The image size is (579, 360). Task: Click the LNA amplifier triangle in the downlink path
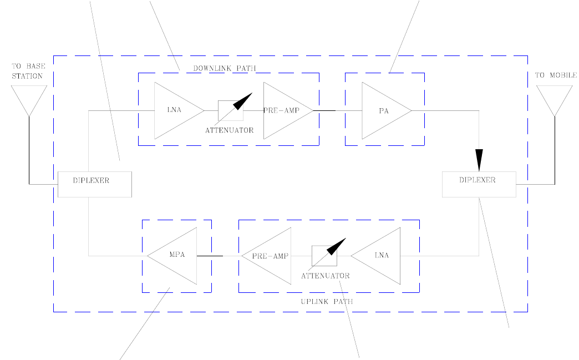coord(174,111)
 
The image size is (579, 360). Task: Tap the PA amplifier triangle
coord(382,111)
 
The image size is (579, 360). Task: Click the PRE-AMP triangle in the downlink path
coord(284,111)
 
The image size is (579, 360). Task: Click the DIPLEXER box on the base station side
coord(95,184)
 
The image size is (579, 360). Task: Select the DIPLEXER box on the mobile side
coord(479,184)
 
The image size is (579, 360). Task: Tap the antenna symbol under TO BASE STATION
coord(29,100)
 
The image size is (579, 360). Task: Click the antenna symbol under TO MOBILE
coord(554,100)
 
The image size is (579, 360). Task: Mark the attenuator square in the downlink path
coord(230,110)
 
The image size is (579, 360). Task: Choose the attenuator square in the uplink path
coord(324,255)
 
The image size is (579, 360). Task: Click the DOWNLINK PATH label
coord(224,69)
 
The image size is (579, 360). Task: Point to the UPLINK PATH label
coord(327,301)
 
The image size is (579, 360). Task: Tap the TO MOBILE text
coord(555,75)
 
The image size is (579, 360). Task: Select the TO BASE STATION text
coord(28,71)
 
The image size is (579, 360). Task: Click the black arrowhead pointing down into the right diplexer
coord(479,160)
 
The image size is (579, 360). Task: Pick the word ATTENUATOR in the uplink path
coord(326,275)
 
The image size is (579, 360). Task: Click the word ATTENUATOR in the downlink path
coord(229,130)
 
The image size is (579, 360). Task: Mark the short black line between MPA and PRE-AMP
coord(210,256)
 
